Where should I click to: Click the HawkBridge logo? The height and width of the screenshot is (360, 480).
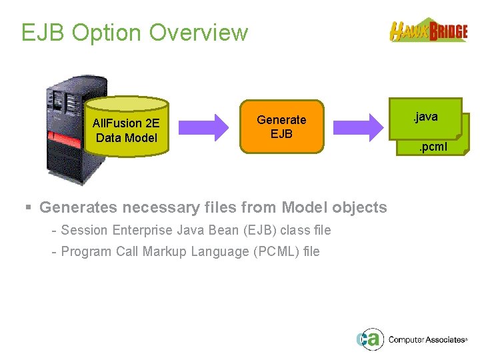tap(428, 30)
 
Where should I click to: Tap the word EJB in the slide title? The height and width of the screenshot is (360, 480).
tap(43, 33)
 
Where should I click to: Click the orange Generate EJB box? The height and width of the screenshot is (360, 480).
tap(281, 127)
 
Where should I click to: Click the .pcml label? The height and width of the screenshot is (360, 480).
tap(433, 147)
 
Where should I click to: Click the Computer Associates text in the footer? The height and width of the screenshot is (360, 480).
tap(427, 339)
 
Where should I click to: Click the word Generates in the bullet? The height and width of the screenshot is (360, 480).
tap(74, 207)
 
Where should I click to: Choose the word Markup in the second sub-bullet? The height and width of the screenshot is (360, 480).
tap(166, 251)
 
